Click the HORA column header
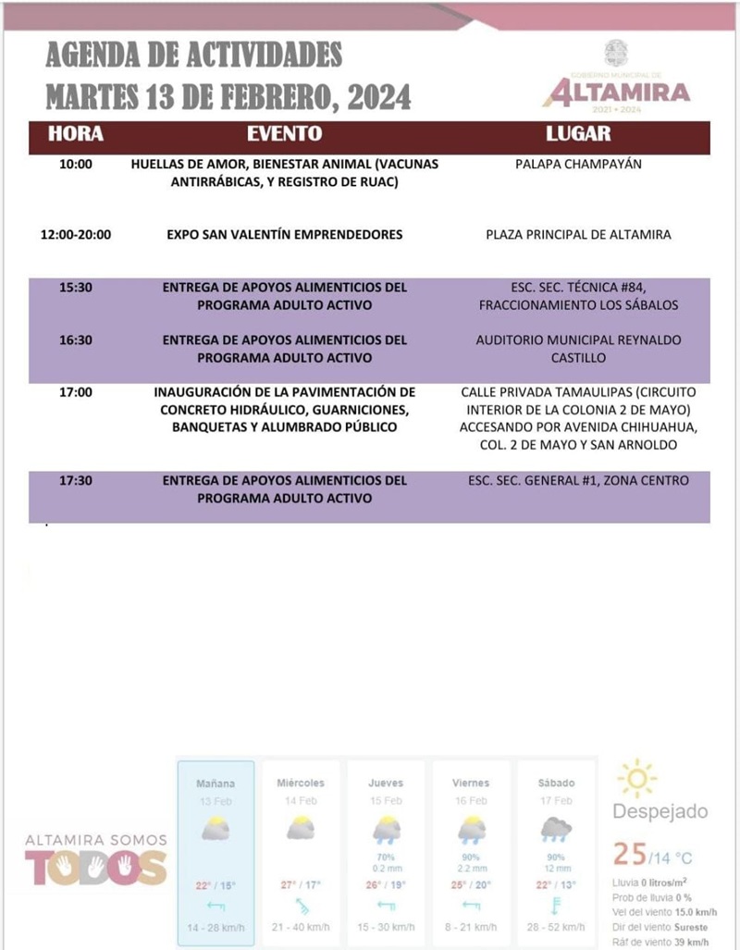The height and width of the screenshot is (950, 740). point(76,133)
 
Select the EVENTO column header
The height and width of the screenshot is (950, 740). point(285,133)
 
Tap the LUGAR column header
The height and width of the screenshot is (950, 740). point(578,133)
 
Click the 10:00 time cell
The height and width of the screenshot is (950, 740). point(76,165)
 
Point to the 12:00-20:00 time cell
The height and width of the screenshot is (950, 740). point(76,235)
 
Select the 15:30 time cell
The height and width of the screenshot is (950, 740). point(76,288)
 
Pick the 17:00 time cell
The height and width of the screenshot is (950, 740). point(76,392)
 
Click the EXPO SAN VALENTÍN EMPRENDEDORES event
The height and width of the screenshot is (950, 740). point(285,235)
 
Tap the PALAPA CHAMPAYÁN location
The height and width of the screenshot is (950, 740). point(578,165)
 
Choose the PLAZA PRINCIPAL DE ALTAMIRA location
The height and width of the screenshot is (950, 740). point(578,235)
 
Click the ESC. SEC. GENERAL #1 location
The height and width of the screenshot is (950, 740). point(578,481)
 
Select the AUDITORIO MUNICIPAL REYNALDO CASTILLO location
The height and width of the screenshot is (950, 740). point(578,348)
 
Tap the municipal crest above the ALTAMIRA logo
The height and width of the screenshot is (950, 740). point(616,53)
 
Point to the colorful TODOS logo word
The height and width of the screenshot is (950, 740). point(96,867)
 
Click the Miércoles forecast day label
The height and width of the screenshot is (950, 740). point(301,783)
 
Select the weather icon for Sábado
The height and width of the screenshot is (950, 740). point(556,829)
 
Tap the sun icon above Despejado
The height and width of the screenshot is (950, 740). point(637,778)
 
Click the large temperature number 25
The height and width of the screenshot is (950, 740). point(630,853)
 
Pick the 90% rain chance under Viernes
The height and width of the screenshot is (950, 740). point(471,857)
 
